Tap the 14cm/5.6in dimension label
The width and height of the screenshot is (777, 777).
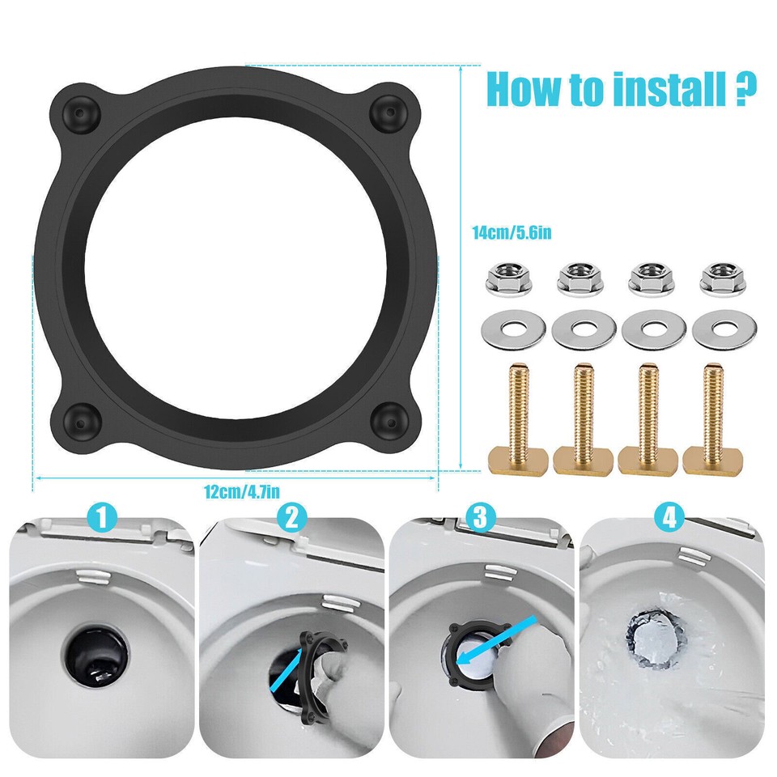512,233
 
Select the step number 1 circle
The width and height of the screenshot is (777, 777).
103,516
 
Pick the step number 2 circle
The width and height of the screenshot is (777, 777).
292,516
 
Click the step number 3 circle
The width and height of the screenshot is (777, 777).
481,516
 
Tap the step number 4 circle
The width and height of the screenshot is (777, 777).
669,516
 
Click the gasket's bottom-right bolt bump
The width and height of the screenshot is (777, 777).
390,420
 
